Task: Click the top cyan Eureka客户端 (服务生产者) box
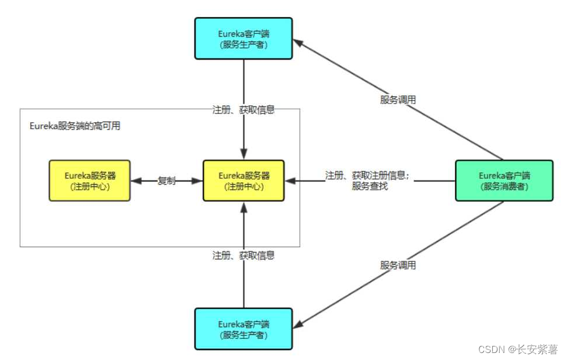click(244, 38)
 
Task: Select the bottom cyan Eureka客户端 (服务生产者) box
click(244, 329)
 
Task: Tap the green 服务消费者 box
click(504, 181)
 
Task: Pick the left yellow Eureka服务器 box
click(89, 181)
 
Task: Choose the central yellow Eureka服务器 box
click(244, 181)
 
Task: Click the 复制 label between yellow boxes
click(166, 181)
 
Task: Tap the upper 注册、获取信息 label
click(244, 109)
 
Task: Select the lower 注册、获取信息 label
click(244, 255)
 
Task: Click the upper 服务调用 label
click(398, 99)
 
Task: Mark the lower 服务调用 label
click(398, 265)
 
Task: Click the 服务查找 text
click(370, 186)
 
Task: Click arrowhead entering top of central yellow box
click(244, 155)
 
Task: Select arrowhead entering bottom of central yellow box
click(244, 206)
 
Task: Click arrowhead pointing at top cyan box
click(298, 42)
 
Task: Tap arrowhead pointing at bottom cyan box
click(298, 324)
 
